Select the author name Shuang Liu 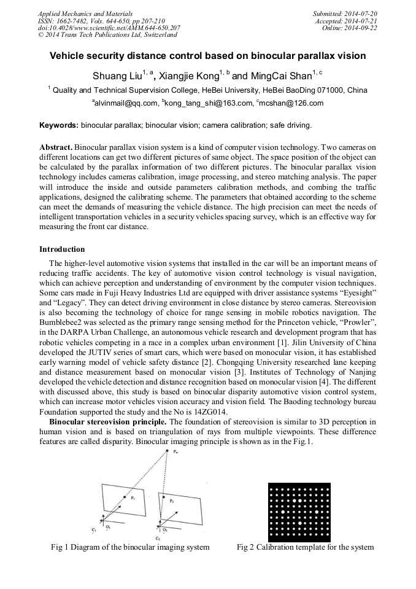click(117, 76)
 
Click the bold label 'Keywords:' click(59, 125)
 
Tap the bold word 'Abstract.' click(56, 148)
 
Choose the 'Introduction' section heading click(62, 249)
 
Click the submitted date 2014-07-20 click(360, 14)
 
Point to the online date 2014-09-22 click(360, 28)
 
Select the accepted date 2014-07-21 click(360, 21)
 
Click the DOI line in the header click(109, 28)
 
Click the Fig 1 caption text click(129, 547)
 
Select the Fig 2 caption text click(305, 547)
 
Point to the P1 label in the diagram click(132, 499)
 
